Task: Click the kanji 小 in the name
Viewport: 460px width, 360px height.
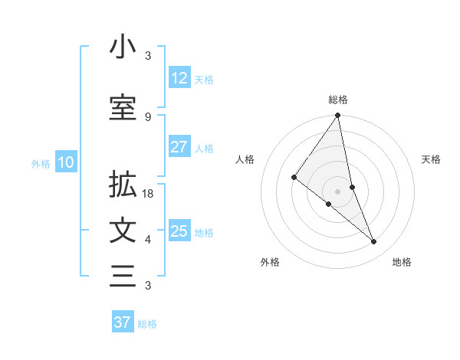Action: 123,48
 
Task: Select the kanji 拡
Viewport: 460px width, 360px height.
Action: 123,185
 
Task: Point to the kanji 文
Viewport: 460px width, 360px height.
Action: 123,231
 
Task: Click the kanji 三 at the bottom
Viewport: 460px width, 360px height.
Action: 123,275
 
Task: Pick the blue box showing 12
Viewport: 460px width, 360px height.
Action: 179,78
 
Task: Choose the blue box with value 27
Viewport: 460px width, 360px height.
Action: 179,147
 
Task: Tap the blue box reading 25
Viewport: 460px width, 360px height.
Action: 179,231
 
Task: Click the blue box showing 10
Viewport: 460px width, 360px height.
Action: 65,162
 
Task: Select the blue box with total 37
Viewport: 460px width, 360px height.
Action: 123,322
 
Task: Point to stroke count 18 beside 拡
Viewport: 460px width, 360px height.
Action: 149,195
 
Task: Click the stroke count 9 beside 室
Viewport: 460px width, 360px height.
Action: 148,116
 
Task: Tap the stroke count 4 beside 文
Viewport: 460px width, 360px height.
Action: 148,240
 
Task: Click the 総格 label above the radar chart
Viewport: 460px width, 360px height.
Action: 338,100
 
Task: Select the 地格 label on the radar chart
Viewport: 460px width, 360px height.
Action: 402,262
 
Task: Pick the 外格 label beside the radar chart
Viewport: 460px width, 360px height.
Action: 270,262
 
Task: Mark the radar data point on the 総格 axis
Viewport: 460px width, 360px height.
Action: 338,116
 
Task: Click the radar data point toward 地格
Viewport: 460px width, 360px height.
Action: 374,241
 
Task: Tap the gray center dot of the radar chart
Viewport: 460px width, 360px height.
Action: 338,191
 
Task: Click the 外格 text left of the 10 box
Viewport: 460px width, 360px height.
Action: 40,163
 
